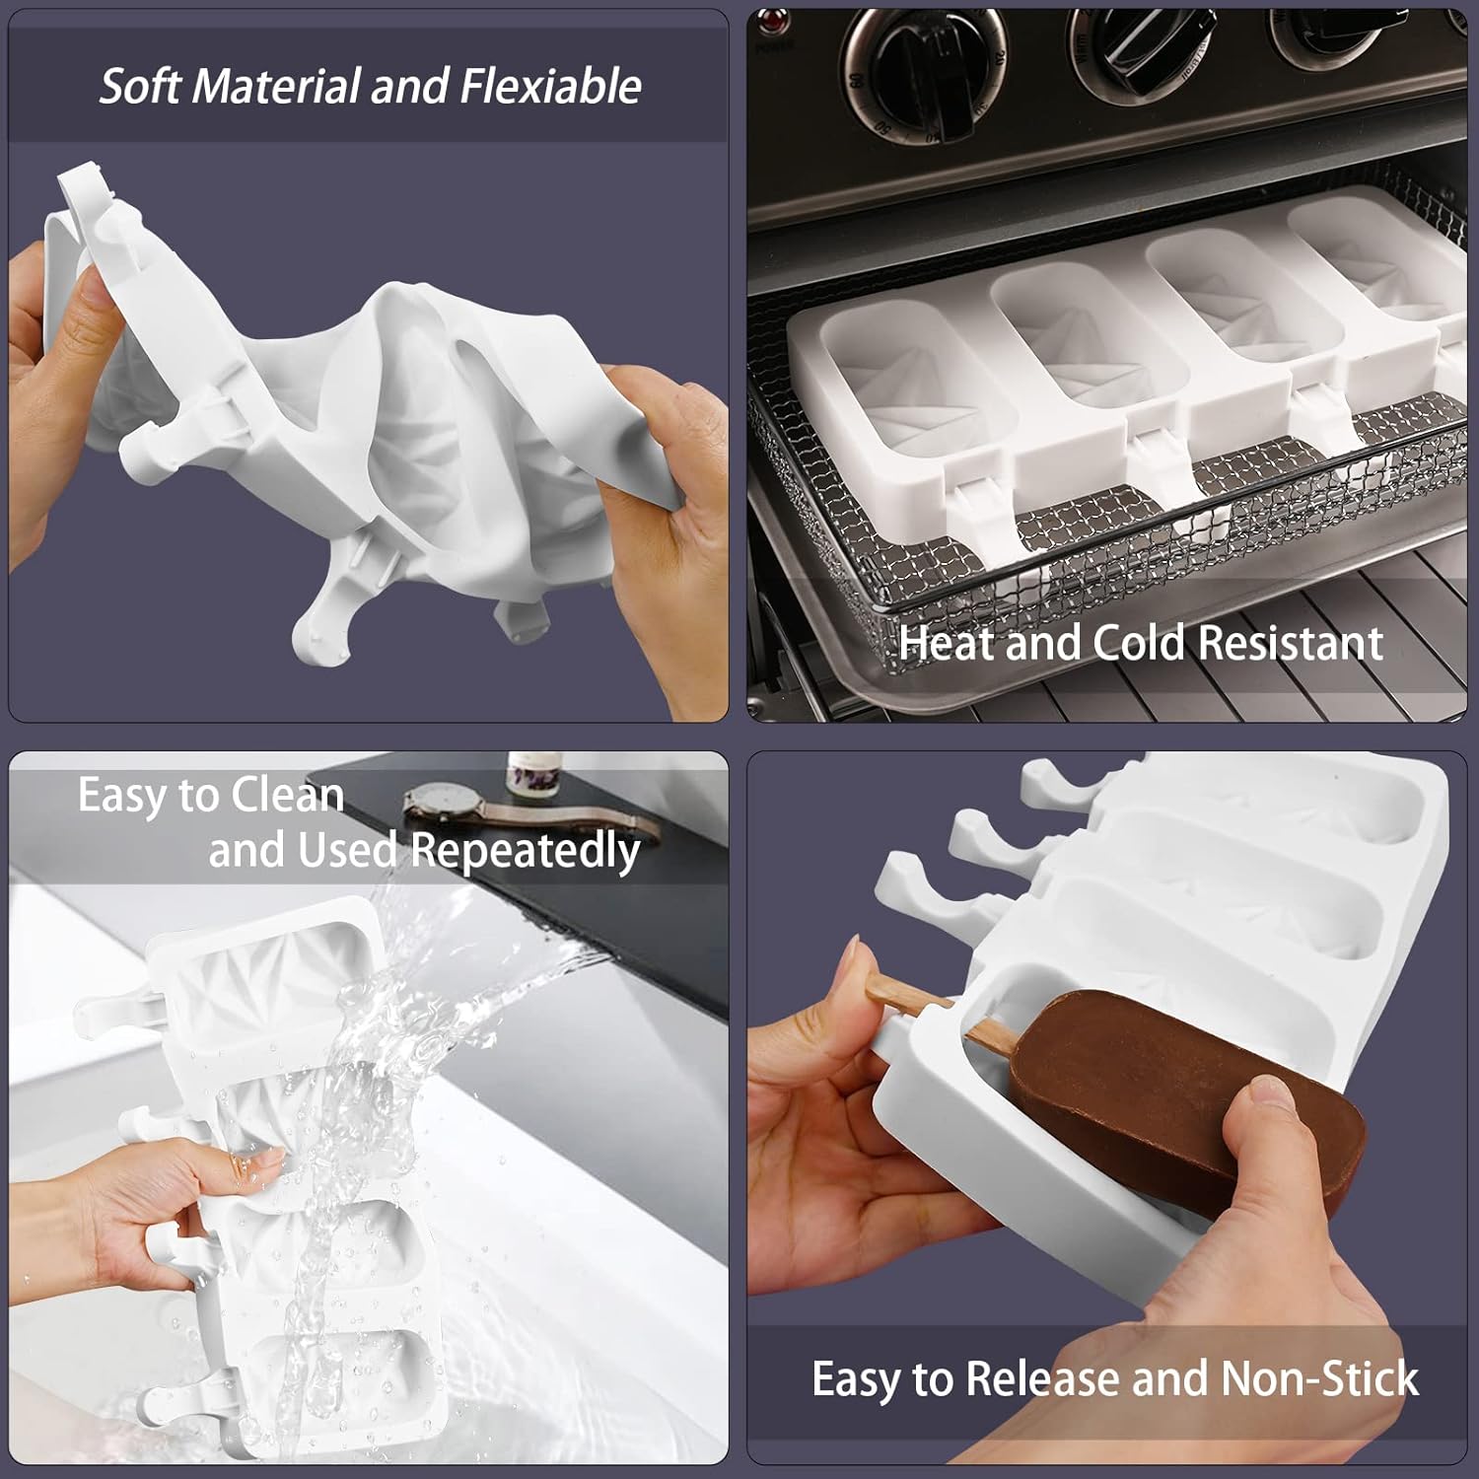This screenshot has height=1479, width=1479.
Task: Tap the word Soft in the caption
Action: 142,87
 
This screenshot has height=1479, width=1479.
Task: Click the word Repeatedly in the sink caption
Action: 525,850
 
